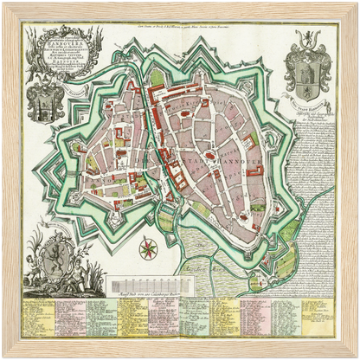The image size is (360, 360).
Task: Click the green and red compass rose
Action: tap(148, 251)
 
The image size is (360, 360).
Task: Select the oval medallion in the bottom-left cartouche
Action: tap(54, 258)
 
